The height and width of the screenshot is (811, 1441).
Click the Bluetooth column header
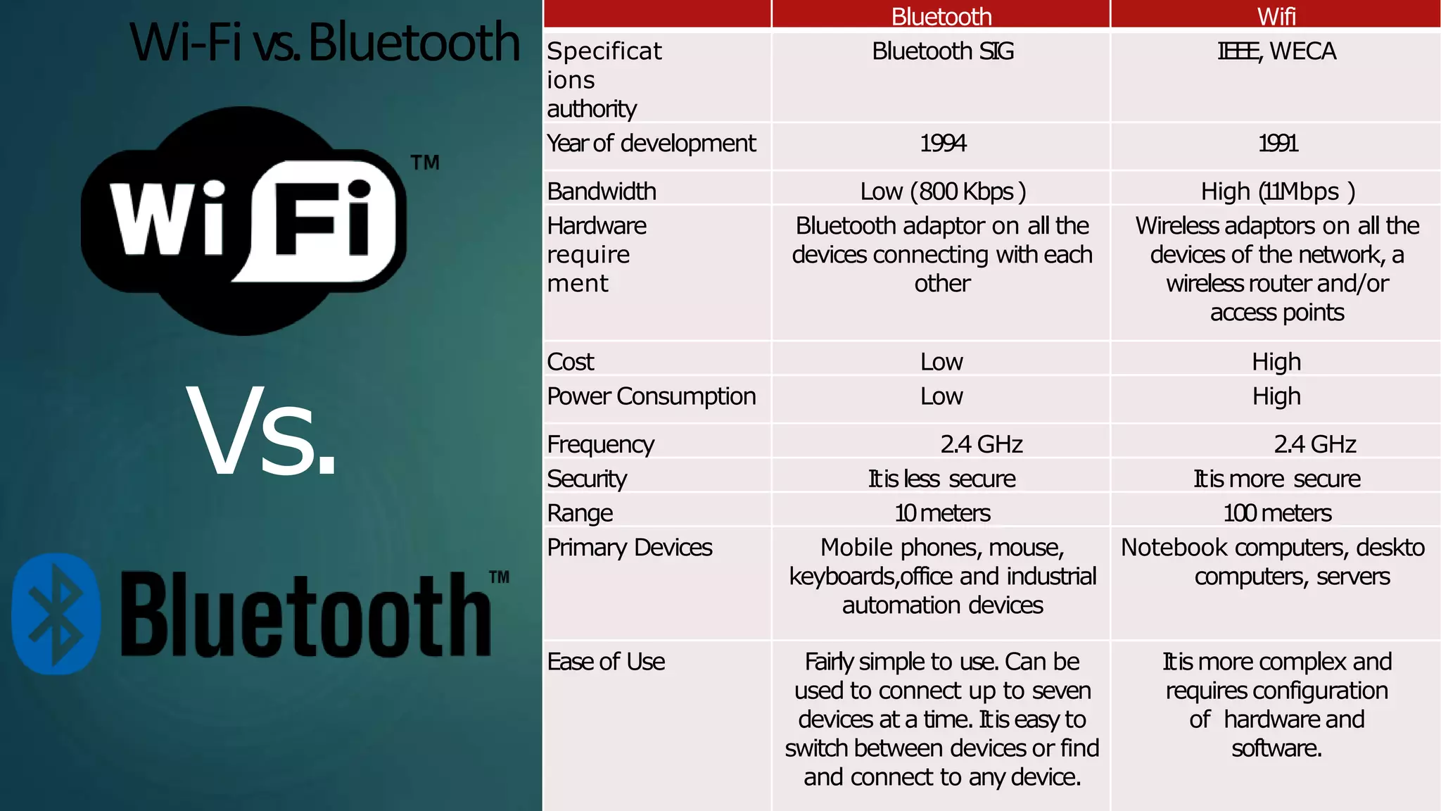coord(941,16)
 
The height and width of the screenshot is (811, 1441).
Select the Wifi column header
coord(1276,16)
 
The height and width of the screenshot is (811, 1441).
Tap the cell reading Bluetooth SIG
coord(942,51)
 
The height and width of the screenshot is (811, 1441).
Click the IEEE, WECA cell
coord(1276,51)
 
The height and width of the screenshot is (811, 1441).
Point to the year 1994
coord(943,144)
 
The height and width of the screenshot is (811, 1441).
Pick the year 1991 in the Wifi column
coord(1277,144)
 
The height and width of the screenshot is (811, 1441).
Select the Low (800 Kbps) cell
coord(942,191)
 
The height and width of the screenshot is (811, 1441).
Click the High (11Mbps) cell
coord(1277,191)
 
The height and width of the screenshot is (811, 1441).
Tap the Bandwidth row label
coord(602,191)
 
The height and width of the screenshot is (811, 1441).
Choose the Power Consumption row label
coord(651,396)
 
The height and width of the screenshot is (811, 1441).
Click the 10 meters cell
coord(942,513)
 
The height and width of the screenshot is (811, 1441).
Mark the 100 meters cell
coord(1277,513)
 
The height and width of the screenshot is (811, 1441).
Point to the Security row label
coord(587,479)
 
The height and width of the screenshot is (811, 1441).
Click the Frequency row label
coord(600,444)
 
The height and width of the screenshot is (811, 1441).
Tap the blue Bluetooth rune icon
coord(56,614)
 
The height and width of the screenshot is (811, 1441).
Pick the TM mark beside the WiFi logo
coord(425,163)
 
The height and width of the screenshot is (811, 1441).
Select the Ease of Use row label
coord(606,662)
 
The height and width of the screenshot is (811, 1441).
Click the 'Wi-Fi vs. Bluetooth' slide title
coord(324,42)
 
